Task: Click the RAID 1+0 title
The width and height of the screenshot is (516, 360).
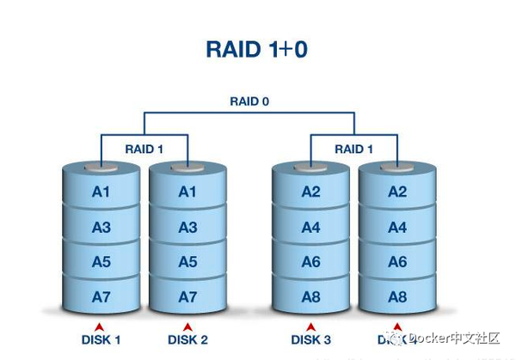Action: [256, 48]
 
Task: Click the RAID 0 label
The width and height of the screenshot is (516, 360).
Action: [249, 101]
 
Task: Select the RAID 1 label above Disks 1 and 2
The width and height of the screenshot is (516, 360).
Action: [144, 149]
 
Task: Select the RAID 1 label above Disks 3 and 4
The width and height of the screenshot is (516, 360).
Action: [354, 149]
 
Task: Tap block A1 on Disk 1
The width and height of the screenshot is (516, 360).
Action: [101, 192]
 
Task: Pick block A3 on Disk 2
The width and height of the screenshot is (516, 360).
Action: [187, 228]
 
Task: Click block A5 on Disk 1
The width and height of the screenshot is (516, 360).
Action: [101, 262]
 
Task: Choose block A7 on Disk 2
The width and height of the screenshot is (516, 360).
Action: [187, 296]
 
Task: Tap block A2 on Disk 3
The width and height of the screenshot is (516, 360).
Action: [310, 192]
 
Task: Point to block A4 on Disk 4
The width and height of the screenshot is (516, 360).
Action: [396, 228]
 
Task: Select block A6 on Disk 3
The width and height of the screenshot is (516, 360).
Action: [310, 262]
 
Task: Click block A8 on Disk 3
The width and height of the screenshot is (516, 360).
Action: [310, 296]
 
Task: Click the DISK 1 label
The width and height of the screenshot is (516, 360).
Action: [101, 340]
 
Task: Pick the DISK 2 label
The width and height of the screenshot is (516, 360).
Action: [187, 340]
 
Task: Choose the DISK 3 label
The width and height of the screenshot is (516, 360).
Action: [310, 340]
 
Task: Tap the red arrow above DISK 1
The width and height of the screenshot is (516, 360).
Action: [101, 326]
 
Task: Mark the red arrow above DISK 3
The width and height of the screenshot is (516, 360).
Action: [310, 326]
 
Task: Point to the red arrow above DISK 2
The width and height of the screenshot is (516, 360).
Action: [187, 326]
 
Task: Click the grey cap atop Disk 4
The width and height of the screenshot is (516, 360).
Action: [396, 166]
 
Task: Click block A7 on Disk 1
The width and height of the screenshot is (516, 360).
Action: [101, 296]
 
